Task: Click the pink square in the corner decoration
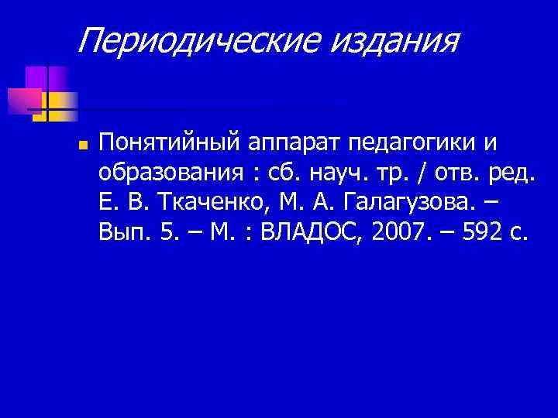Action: coord(23,100)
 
